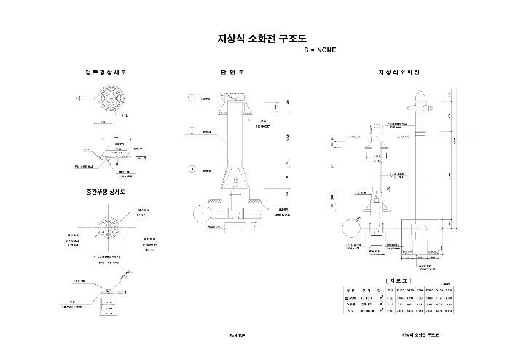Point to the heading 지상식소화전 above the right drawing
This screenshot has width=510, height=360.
pyautogui.click(x=398, y=73)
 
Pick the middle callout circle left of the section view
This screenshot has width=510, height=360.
pyautogui.click(x=192, y=131)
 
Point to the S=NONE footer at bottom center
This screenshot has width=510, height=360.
pyautogui.click(x=238, y=337)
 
